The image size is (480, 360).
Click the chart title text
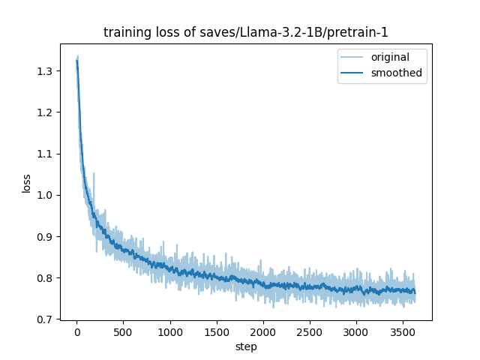[x=245, y=32]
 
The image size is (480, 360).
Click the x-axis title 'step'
[x=245, y=347]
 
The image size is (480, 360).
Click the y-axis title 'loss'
[x=26, y=183]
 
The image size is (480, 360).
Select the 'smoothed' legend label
[x=396, y=73]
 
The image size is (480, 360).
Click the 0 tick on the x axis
[x=76, y=332]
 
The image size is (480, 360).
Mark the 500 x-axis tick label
[x=123, y=332]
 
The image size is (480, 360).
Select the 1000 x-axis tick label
[x=170, y=332]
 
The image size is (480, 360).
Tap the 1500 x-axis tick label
[x=217, y=332]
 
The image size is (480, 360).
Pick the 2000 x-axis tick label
[x=263, y=332]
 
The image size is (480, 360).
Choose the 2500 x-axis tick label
[x=310, y=332]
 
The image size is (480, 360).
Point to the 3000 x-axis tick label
[x=356, y=332]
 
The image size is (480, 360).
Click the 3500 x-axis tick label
[x=403, y=332]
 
